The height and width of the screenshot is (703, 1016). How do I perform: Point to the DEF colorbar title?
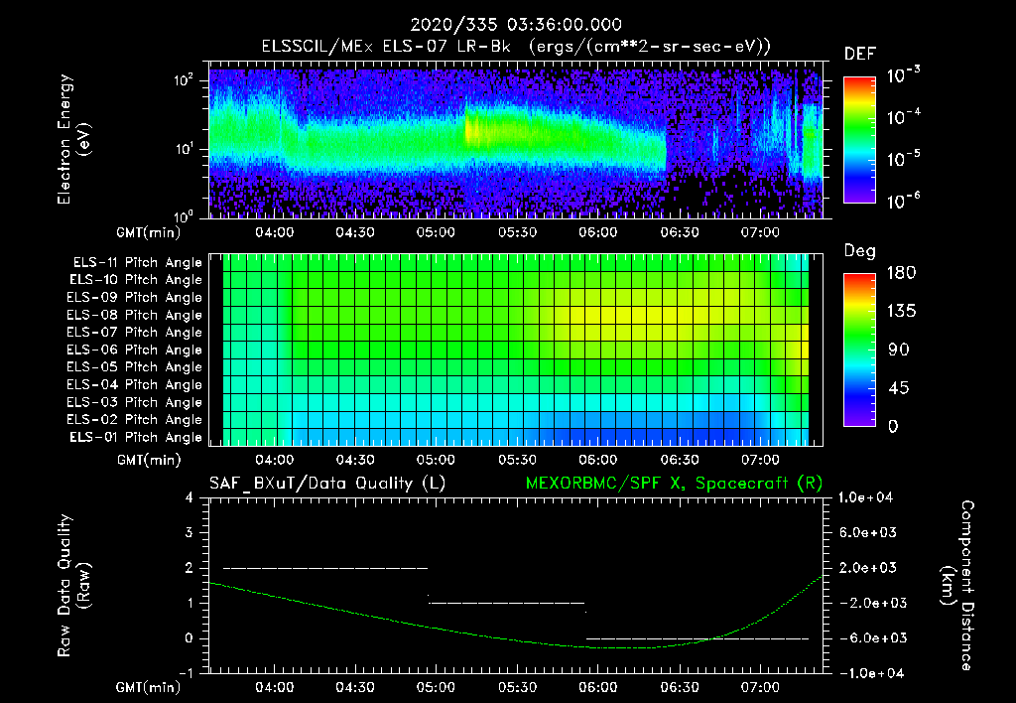(859, 54)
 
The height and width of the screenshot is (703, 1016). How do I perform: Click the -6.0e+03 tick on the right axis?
(870, 637)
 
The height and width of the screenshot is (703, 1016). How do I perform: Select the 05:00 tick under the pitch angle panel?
(436, 460)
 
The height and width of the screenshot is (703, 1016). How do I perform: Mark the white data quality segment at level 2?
(325, 568)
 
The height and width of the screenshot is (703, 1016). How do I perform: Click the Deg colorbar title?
(859, 251)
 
